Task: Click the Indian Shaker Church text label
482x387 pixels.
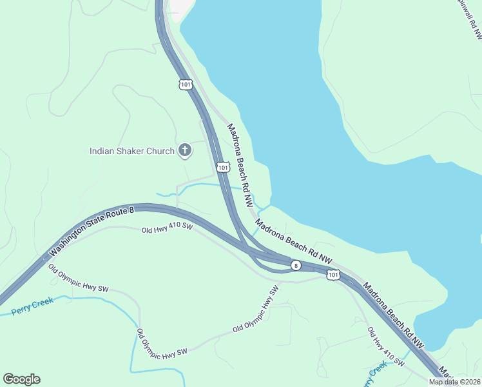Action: (x=131, y=152)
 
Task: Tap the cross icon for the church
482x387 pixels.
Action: (x=184, y=151)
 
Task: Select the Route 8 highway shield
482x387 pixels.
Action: (x=295, y=265)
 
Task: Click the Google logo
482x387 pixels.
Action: (x=21, y=379)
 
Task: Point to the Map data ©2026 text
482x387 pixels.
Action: (x=454, y=382)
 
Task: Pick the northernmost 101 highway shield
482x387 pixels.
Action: (x=186, y=84)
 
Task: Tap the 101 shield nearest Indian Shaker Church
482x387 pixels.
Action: (x=223, y=167)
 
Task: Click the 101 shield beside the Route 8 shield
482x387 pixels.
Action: (x=333, y=275)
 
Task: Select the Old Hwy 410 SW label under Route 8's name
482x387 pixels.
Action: (x=168, y=228)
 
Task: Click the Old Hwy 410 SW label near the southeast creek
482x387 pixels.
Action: (x=385, y=348)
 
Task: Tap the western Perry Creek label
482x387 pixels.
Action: (x=33, y=307)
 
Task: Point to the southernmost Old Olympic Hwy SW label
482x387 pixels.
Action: (x=161, y=342)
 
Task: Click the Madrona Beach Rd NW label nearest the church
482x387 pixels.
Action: (x=240, y=164)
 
